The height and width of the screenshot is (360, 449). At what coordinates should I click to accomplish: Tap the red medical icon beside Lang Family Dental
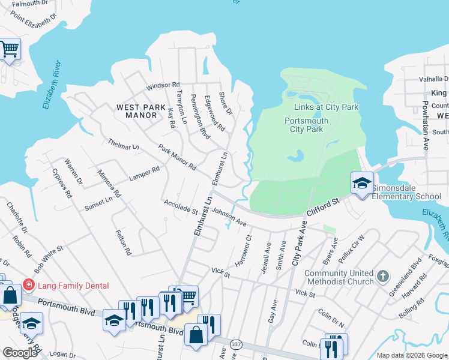[x=28, y=284]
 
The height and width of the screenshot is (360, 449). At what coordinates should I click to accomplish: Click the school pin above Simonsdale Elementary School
[x=363, y=184]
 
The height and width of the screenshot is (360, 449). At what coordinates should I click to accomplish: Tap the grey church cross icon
[x=383, y=277]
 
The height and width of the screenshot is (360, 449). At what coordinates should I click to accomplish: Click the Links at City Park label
[x=326, y=107]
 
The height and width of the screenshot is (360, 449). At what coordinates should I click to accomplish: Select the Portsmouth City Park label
[x=306, y=125]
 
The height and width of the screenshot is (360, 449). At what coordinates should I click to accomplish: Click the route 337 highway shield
[x=234, y=343]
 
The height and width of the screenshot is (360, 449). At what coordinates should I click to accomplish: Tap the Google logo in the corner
[x=20, y=353]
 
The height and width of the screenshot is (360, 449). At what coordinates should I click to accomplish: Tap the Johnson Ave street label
[x=229, y=217]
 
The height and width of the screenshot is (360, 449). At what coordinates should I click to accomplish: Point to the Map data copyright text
[x=411, y=355]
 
